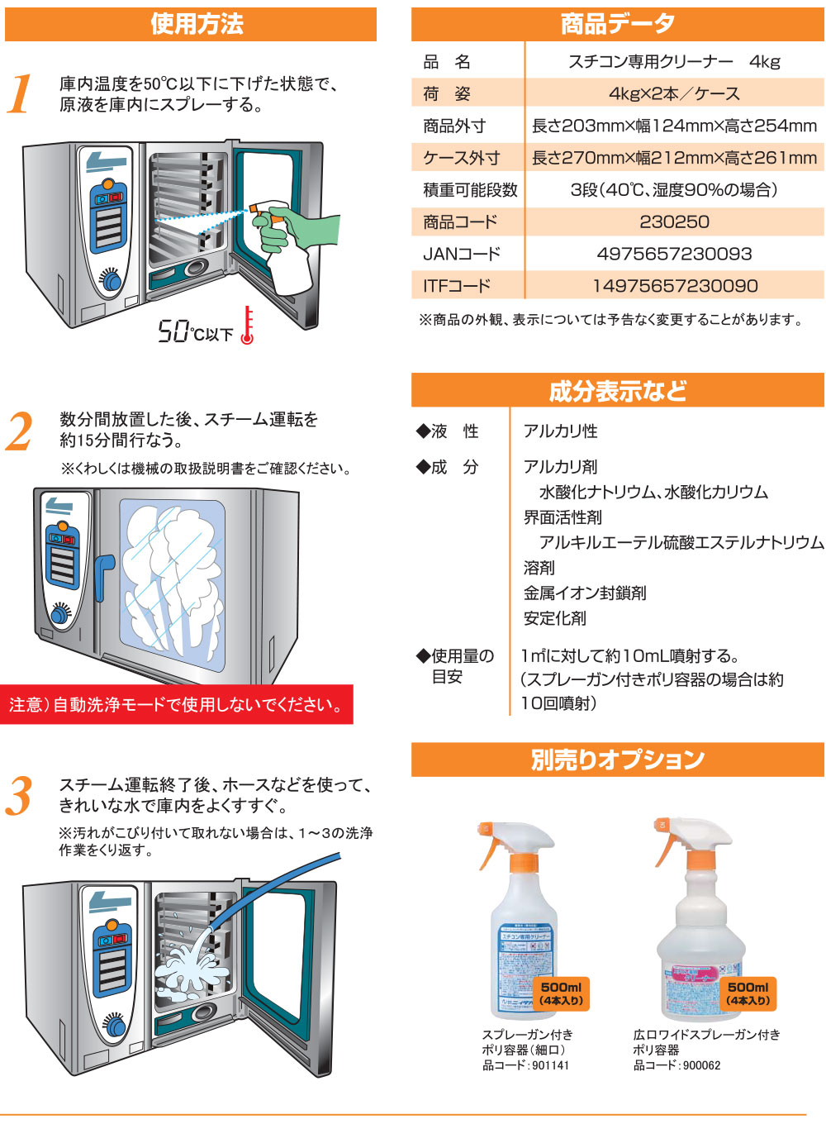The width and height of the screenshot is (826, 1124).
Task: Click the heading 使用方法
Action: (x=197, y=24)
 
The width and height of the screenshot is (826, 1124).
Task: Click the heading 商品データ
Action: (x=618, y=24)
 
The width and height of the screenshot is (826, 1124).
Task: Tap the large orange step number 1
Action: (x=20, y=93)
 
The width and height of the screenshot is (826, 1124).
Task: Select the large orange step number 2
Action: (x=20, y=431)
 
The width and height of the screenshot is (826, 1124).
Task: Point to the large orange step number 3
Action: (x=20, y=796)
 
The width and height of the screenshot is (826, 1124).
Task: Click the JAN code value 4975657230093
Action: (x=674, y=254)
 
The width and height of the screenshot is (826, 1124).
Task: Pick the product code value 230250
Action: (x=674, y=221)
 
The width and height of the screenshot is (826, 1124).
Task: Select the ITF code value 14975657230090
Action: (x=674, y=286)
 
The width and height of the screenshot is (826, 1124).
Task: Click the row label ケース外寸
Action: (x=461, y=158)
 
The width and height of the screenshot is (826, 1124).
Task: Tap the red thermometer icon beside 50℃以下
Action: (x=247, y=326)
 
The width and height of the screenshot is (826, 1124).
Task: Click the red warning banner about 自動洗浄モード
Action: (x=176, y=705)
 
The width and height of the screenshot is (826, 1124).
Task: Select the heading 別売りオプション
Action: (x=618, y=760)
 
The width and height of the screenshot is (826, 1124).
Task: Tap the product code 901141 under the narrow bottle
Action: (x=550, y=1065)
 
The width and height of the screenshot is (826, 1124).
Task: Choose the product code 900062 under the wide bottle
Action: (x=701, y=1065)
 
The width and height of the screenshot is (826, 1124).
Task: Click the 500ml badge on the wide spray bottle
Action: (x=748, y=993)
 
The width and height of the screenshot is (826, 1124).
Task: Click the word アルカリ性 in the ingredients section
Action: (x=560, y=431)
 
